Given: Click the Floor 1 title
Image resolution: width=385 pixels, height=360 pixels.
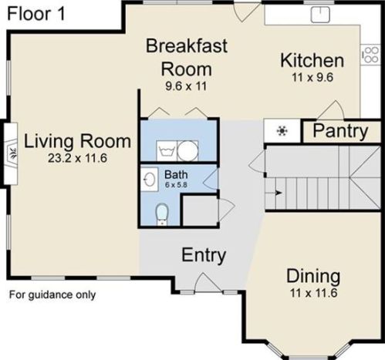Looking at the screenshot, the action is (36, 14).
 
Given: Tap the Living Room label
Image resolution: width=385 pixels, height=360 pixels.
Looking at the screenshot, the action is (77, 141).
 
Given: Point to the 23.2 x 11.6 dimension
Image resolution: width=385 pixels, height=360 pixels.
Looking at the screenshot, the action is (77, 158).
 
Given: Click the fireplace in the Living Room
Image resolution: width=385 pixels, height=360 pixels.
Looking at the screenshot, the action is (11, 153).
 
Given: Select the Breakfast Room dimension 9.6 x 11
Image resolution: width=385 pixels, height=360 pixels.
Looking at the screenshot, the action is (186, 86).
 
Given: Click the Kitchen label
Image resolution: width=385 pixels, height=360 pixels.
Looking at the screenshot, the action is (312, 61).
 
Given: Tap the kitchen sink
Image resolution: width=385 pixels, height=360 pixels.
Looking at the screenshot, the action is (320, 15).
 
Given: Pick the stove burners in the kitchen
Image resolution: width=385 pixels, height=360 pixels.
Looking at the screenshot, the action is (370, 55).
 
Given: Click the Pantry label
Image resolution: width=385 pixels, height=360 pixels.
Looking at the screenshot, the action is (340, 132).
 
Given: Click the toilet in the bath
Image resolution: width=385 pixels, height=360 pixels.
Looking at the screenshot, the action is (162, 214).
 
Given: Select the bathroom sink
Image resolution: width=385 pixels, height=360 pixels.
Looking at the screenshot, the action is (149, 179).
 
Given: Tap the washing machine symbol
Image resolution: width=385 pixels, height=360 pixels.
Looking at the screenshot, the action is (167, 151).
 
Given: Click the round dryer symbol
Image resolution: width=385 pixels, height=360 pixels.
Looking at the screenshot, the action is (187, 151).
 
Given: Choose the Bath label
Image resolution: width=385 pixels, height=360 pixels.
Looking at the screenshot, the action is (176, 175).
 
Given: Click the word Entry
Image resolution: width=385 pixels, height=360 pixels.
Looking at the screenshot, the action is (204, 255).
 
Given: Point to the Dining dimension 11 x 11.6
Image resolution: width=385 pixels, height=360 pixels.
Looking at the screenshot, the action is (313, 293).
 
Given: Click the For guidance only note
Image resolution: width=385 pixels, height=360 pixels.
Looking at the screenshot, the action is (52, 294).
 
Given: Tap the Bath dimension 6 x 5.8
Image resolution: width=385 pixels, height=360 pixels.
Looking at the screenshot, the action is (176, 185).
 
